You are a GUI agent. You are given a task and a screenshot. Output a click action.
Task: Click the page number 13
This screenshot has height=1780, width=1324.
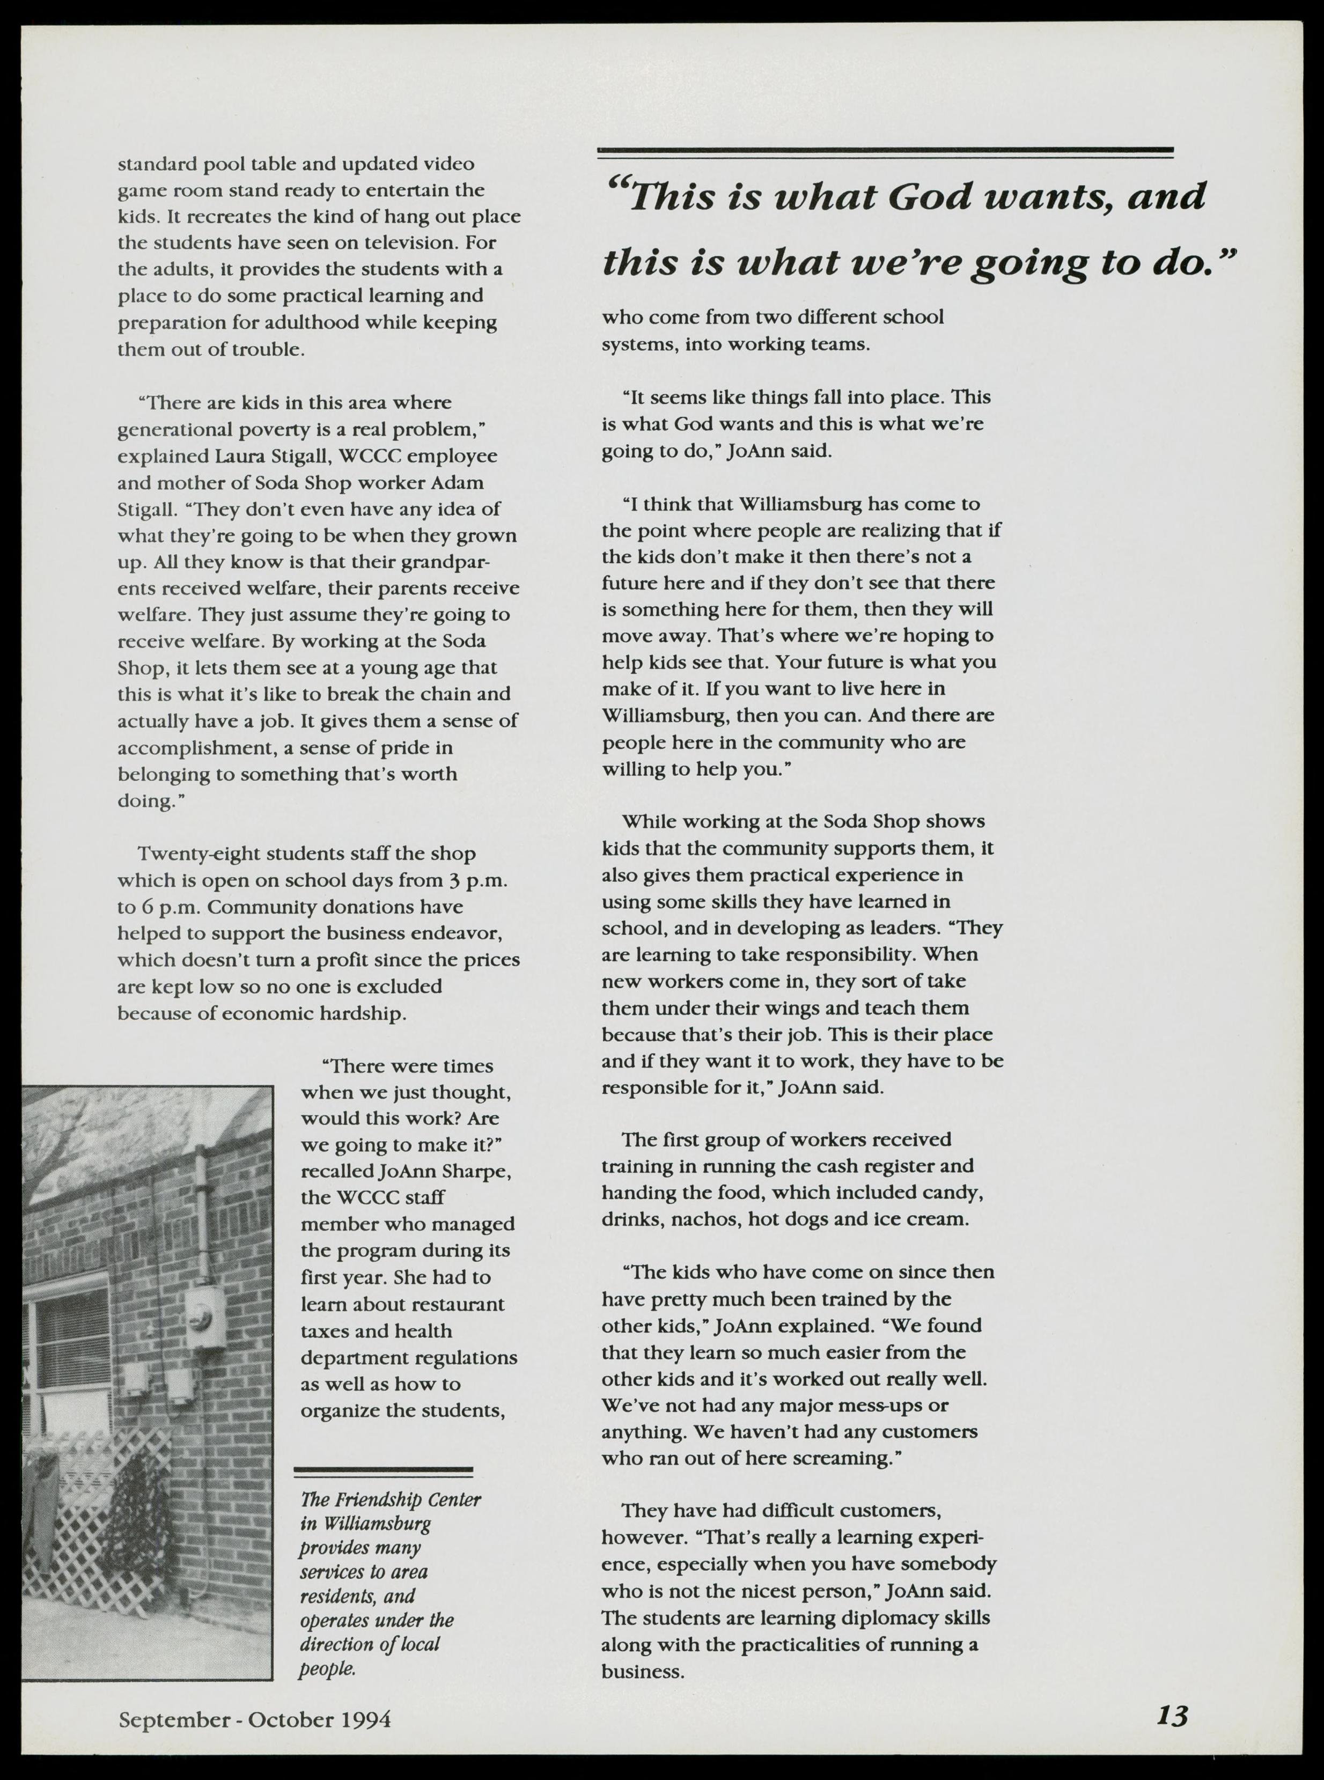click(1172, 1714)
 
